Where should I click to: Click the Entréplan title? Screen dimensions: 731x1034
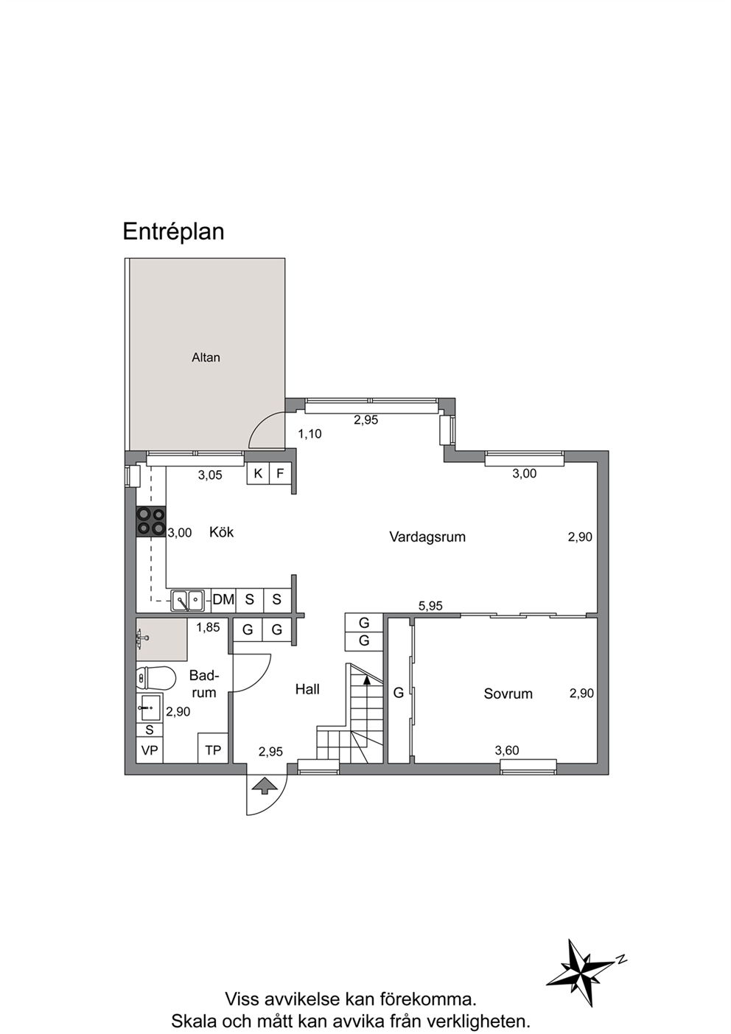[x=173, y=231]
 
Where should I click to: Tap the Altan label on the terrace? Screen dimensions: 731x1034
[x=206, y=357]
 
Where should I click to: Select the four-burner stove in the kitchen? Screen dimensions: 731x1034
[x=151, y=522]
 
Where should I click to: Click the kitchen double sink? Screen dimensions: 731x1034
[x=187, y=601]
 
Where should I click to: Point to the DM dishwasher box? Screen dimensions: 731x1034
[x=223, y=600]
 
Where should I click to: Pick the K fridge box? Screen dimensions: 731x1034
[x=258, y=473]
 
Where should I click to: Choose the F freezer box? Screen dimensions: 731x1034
[x=280, y=473]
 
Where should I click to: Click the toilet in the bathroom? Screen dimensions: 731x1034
[x=156, y=678]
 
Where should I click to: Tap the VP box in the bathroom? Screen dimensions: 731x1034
[x=150, y=750]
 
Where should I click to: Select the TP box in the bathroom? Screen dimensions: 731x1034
[x=213, y=750]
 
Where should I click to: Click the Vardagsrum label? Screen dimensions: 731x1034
[x=427, y=537]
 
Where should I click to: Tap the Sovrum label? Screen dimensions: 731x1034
[x=508, y=694]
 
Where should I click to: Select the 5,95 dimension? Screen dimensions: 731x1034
[x=430, y=606]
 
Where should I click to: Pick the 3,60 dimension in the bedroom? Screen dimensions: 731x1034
[x=507, y=750]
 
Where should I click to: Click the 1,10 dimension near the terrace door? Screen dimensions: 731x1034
[x=309, y=434]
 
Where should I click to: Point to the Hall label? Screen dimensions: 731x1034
[x=307, y=690]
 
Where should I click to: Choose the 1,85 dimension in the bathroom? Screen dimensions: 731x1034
[x=208, y=627]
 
